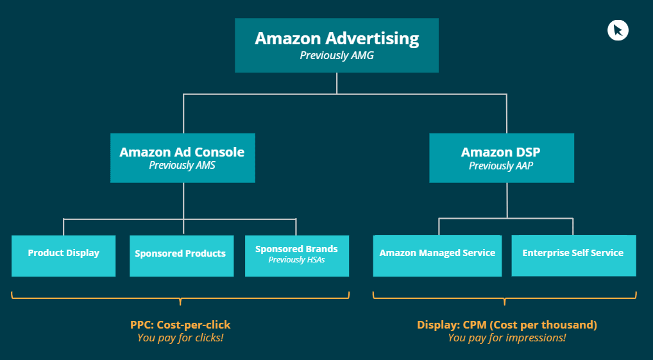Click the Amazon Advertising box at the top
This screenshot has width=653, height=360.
click(x=337, y=45)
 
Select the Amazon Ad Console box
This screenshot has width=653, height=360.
click(x=182, y=158)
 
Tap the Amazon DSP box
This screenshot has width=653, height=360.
click(x=500, y=158)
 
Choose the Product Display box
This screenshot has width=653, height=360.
click(x=64, y=256)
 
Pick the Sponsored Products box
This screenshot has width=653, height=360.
click(x=182, y=256)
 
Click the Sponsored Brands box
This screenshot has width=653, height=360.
click(x=296, y=256)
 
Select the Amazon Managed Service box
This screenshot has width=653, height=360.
click(x=437, y=256)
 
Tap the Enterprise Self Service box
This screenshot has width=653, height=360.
click(x=573, y=256)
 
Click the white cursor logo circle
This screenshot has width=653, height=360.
click(x=618, y=30)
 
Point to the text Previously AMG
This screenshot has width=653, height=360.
click(x=337, y=55)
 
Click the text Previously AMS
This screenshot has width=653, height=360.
click(x=182, y=166)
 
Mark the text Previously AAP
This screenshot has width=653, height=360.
click(x=500, y=166)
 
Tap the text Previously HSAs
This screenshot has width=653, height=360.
click(x=296, y=260)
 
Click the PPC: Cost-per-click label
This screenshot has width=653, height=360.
click(x=180, y=325)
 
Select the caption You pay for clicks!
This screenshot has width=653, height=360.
click(x=180, y=338)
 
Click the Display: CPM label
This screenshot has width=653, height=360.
click(x=507, y=325)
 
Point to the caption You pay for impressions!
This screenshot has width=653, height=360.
click(x=507, y=338)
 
